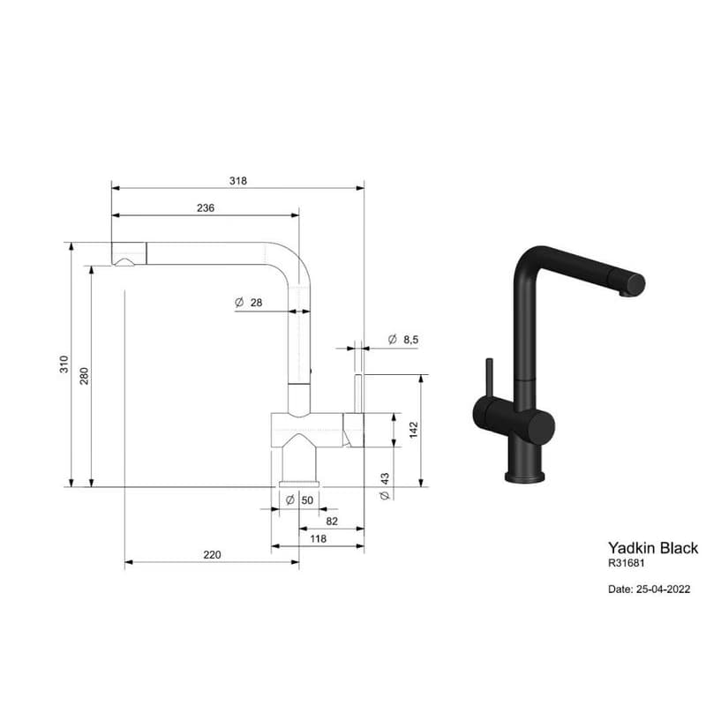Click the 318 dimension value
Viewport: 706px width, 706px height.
click(237, 181)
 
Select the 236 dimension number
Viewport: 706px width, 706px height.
click(206, 207)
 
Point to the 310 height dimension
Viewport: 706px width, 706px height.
click(64, 364)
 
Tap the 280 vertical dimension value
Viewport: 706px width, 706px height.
click(84, 376)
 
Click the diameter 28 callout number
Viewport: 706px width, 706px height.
click(256, 303)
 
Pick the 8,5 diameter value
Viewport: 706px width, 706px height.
click(410, 340)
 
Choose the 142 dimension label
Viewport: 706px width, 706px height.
click(414, 430)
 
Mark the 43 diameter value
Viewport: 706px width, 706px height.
click(385, 478)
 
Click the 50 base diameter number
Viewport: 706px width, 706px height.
click(307, 500)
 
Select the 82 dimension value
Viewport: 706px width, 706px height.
click(332, 521)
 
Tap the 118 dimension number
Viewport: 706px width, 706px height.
click(318, 538)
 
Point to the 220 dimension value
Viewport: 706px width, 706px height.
click(212, 555)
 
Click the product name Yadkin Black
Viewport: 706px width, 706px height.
click(653, 548)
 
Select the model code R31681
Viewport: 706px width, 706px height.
click(627, 563)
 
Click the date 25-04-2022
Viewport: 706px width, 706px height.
click(663, 589)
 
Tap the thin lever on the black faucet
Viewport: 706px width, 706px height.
click(490, 377)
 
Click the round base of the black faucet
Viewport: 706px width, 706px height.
click(524, 477)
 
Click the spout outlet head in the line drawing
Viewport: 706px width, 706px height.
click(129, 254)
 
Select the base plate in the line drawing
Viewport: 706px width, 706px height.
click(299, 484)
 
